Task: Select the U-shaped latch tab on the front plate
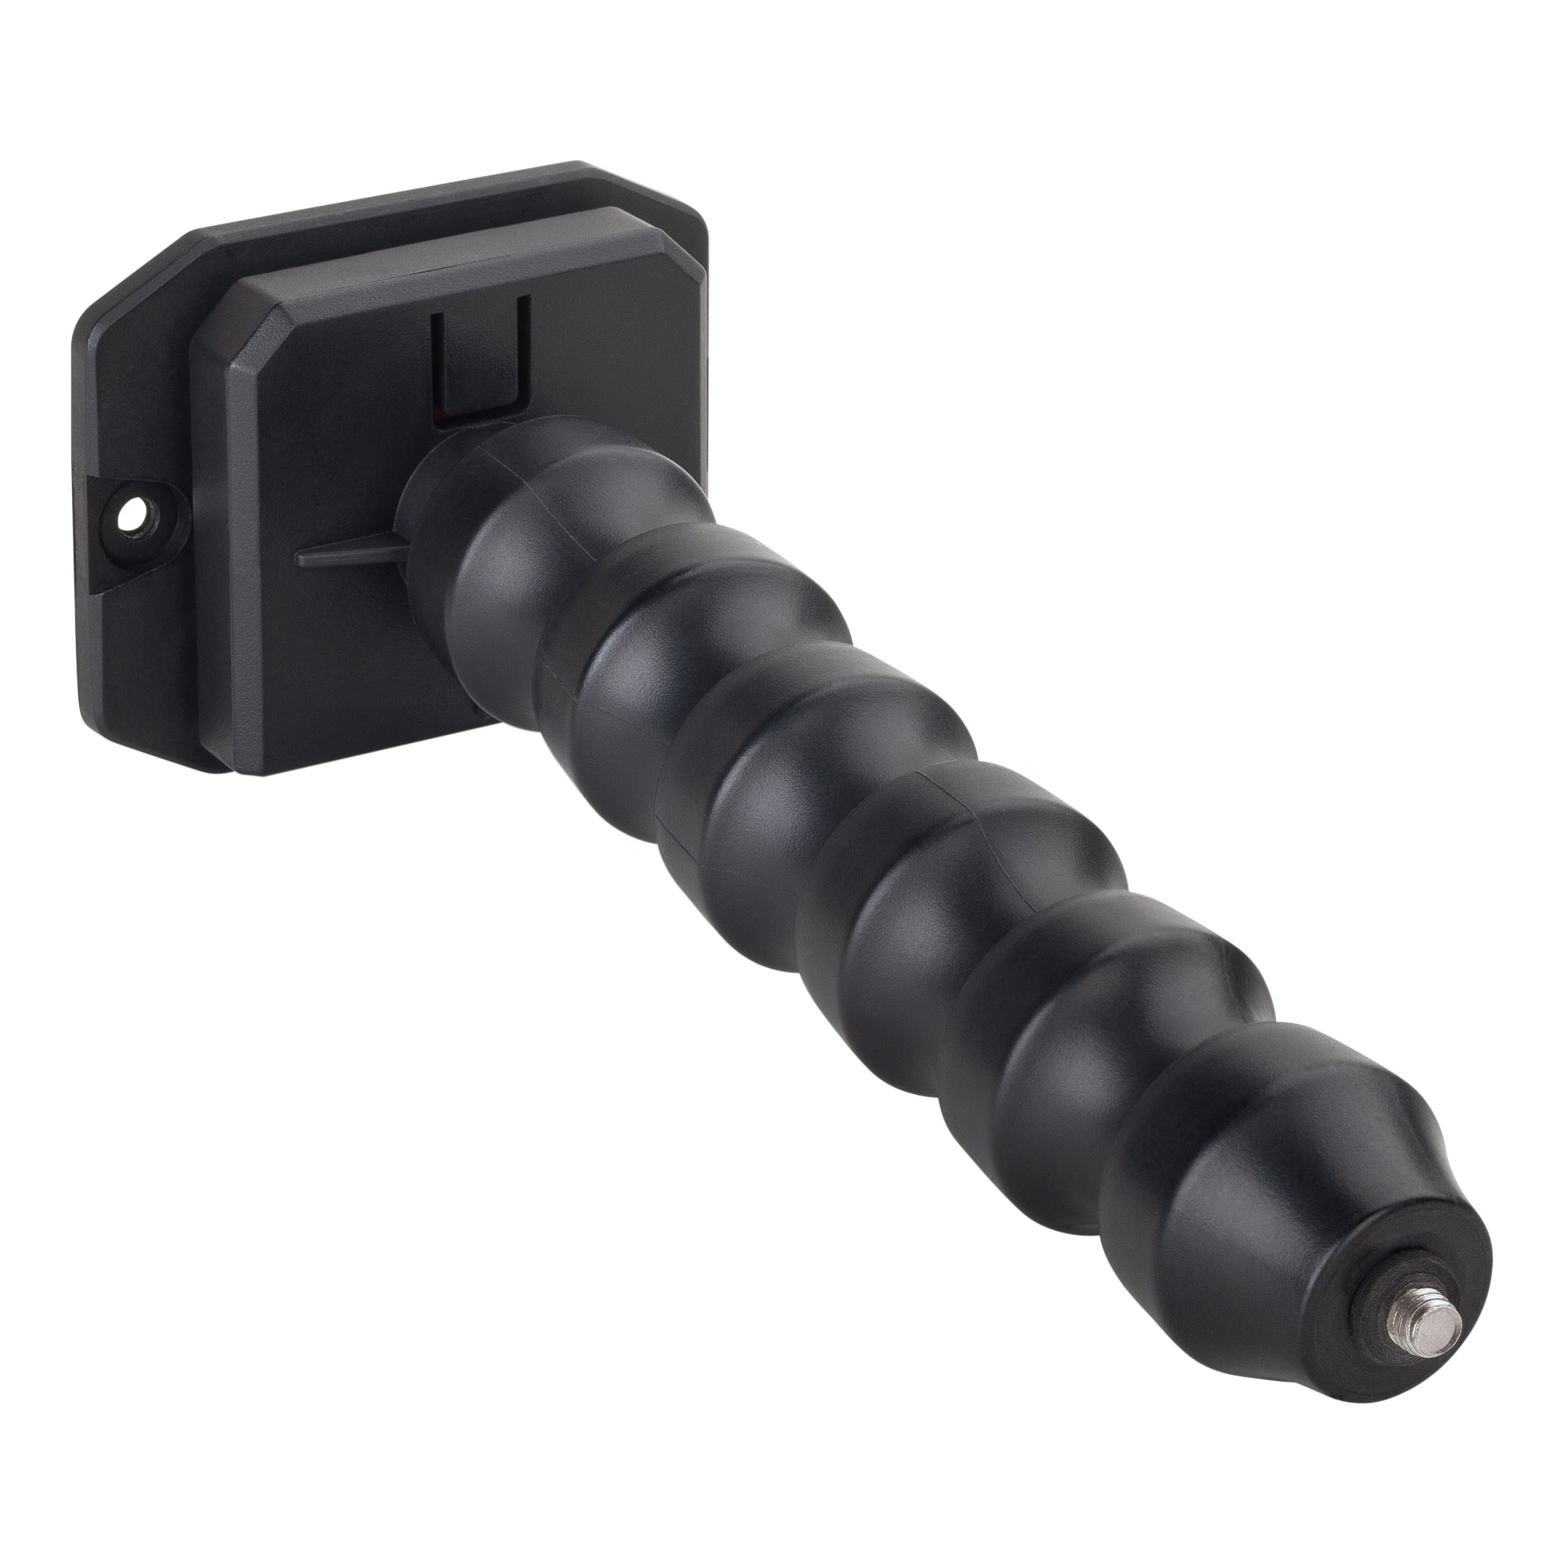pos(479,364)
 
